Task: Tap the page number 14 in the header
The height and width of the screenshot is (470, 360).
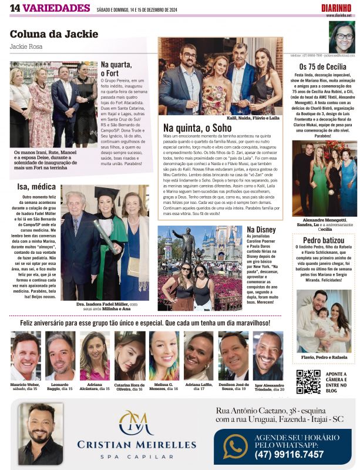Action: pos(15,7)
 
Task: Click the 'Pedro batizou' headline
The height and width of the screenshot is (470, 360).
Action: pos(324,240)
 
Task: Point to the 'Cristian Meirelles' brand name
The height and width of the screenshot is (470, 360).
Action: pos(136,444)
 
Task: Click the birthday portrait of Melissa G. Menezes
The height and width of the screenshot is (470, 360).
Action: pos(164,355)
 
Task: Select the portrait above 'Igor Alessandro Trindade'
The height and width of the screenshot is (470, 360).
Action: pos(268,355)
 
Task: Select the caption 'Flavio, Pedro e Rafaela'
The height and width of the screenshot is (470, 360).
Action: pos(324,357)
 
